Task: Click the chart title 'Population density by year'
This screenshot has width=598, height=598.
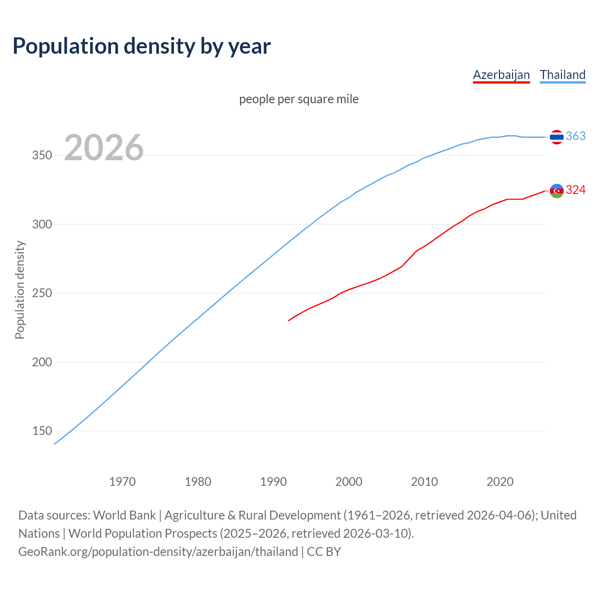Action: tap(142, 46)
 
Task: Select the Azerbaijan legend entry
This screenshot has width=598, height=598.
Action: tap(501, 75)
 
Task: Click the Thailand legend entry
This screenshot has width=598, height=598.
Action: tap(562, 75)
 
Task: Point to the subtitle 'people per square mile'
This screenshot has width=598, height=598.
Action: tap(299, 100)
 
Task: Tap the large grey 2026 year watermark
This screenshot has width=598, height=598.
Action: tap(104, 148)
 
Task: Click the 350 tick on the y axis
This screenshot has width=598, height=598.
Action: tap(42, 156)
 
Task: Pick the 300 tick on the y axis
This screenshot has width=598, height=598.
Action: tap(42, 224)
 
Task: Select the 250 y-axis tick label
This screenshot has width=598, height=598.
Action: tap(42, 293)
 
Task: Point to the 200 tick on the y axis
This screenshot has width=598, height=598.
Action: tap(42, 362)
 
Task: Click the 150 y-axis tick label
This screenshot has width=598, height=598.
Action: tap(42, 431)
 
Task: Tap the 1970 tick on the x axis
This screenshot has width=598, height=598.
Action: tap(122, 482)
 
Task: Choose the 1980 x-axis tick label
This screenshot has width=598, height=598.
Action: tap(198, 482)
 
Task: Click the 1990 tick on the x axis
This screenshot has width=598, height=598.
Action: tap(273, 482)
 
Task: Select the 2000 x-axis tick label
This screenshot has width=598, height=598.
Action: tap(349, 482)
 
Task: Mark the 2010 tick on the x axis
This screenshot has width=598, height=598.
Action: tap(424, 482)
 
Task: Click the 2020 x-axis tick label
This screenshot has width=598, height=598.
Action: tap(500, 482)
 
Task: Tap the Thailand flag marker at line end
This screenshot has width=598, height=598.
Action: tap(556, 137)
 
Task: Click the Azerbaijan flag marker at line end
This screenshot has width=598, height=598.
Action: tap(556, 191)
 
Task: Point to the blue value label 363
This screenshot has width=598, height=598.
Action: tap(576, 136)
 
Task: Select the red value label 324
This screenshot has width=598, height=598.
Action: tap(576, 190)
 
